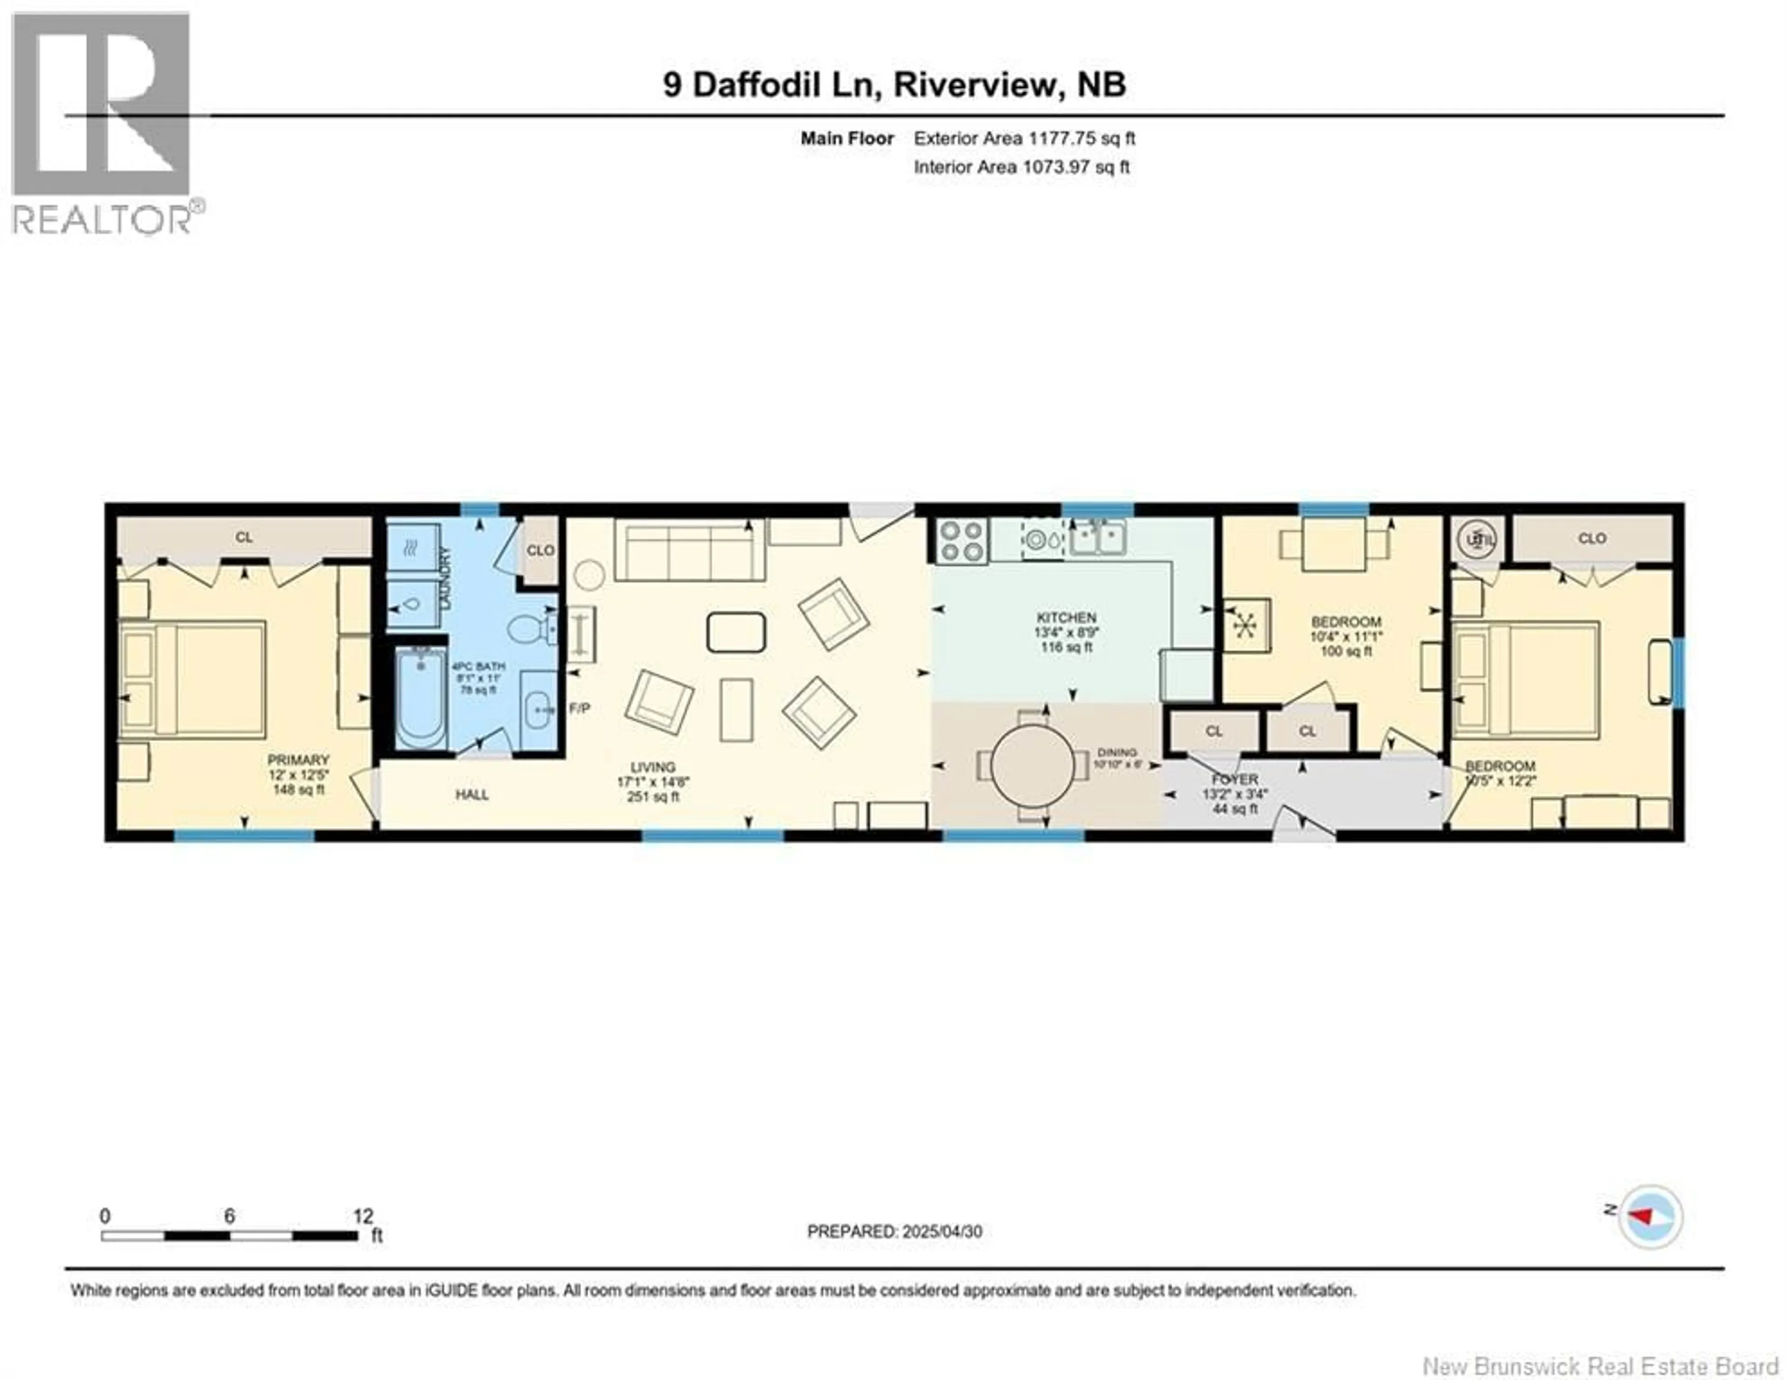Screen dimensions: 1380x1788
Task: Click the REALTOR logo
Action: click(102, 123)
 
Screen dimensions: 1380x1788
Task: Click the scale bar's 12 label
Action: click(363, 1216)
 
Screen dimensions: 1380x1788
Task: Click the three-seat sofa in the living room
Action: click(689, 553)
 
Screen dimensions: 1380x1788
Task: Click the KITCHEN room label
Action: click(1066, 618)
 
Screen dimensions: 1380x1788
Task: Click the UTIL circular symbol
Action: click(1477, 540)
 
